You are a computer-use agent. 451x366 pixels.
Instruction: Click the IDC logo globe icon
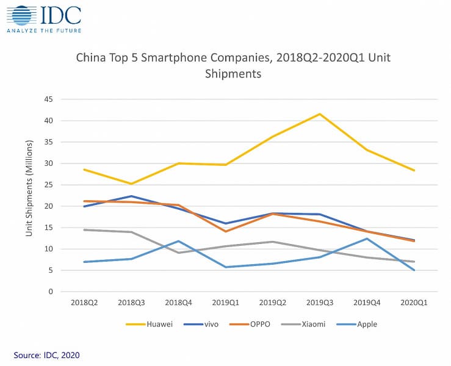click(20, 15)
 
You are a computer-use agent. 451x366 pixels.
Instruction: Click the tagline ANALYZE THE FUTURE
click(43, 29)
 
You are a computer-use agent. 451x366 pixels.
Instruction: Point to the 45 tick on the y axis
click(49, 99)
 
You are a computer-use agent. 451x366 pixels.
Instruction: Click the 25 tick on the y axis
click(49, 185)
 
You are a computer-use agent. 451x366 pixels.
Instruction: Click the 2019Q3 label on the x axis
click(320, 303)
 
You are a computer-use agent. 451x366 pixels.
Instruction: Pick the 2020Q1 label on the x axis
click(414, 303)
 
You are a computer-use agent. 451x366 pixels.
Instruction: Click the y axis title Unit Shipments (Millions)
click(29, 195)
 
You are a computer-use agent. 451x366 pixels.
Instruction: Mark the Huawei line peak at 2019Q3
click(320, 114)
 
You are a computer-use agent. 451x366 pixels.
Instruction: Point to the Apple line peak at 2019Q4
click(367, 239)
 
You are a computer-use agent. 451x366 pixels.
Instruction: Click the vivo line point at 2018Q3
click(131, 196)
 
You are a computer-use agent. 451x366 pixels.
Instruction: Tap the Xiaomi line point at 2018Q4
click(178, 253)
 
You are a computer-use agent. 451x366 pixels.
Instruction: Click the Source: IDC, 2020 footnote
click(47, 354)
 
